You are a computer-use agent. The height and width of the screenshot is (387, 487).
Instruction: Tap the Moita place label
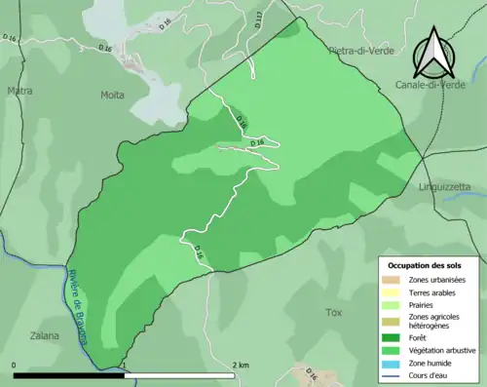(112, 95)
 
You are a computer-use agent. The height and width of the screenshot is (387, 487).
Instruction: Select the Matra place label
(19, 93)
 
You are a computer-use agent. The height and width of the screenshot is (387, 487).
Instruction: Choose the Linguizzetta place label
(444, 185)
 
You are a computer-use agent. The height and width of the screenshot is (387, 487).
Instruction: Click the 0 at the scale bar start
(15, 365)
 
